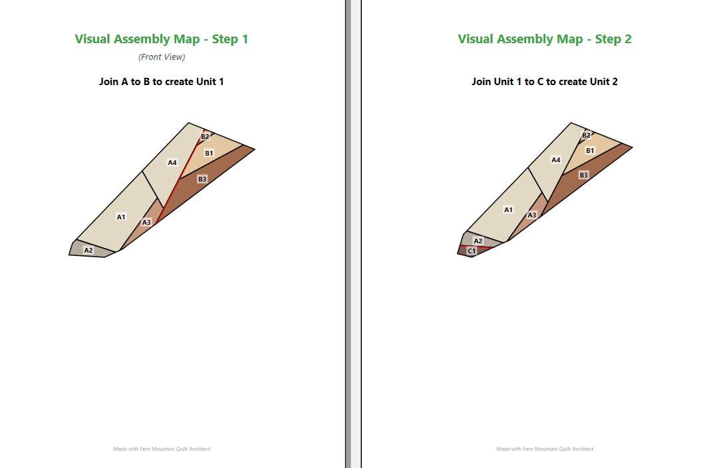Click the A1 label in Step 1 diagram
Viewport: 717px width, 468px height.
pyautogui.click(x=121, y=217)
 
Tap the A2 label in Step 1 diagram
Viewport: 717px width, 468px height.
pyautogui.click(x=88, y=251)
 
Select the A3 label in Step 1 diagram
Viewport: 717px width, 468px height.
pyautogui.click(x=146, y=223)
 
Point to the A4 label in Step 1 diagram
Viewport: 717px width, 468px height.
pyautogui.click(x=172, y=163)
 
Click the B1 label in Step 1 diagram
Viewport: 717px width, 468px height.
pyautogui.click(x=209, y=153)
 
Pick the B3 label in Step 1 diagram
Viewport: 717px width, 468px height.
pyautogui.click(x=202, y=179)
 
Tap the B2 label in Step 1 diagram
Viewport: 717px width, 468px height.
pyautogui.click(x=205, y=137)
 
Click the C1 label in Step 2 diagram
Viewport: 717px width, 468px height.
pyautogui.click(x=472, y=251)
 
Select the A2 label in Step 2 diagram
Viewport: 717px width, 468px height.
pyautogui.click(x=478, y=241)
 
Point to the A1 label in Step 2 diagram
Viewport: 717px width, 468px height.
pyautogui.click(x=508, y=210)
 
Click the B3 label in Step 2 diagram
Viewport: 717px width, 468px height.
pyautogui.click(x=583, y=175)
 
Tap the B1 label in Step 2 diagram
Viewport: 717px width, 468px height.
pyautogui.click(x=591, y=150)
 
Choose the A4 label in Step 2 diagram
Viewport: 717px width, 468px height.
pyautogui.click(x=555, y=160)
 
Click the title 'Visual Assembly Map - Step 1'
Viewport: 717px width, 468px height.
pyautogui.click(x=162, y=39)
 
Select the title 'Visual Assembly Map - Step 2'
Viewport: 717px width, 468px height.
pyautogui.click(x=545, y=39)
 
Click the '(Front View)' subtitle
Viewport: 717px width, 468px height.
pyautogui.click(x=162, y=57)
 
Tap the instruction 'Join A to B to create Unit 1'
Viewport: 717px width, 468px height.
pyautogui.click(x=162, y=82)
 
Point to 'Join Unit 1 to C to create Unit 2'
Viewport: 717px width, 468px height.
pyautogui.click(x=545, y=82)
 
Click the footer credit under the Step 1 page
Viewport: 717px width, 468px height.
pyautogui.click(x=162, y=449)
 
